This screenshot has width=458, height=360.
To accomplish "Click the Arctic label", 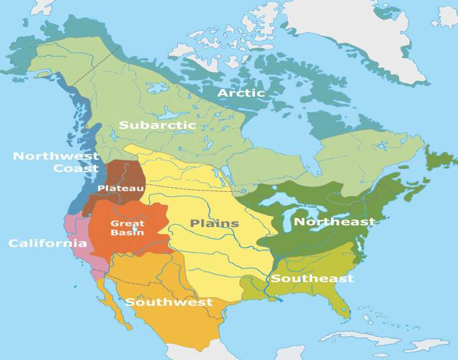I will (x=241, y=93).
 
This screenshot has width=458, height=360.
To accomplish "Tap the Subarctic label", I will (x=158, y=124).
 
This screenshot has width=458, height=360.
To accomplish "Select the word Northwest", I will (x=56, y=156).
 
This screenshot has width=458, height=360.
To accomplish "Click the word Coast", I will (x=77, y=168).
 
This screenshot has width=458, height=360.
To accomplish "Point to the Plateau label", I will (x=120, y=188).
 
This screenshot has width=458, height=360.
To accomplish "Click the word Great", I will (x=133, y=223).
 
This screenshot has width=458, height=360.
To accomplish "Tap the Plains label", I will (x=215, y=224).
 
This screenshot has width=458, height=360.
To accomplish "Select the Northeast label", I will (x=334, y=222).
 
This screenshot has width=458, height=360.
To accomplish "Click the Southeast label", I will (x=312, y=279).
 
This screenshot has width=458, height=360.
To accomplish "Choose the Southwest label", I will (x=169, y=302).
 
